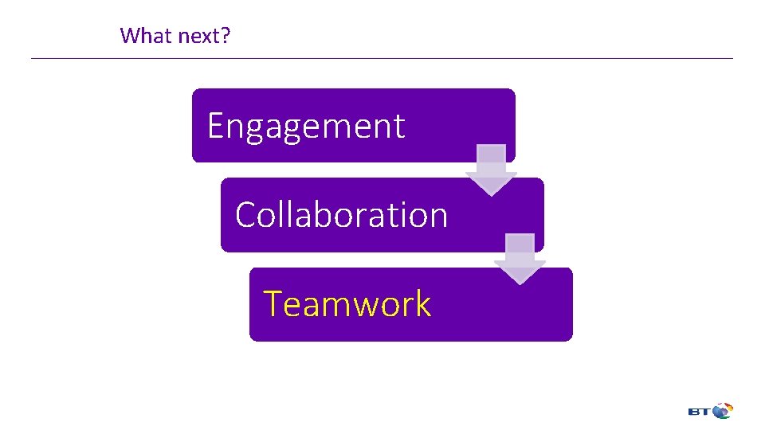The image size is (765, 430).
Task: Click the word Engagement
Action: pos(306,126)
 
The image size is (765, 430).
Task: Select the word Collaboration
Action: pos(341,215)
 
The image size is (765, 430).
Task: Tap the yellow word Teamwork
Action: pos(347,304)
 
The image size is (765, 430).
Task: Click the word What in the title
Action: pos(141,35)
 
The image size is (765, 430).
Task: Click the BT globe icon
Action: pos(723,411)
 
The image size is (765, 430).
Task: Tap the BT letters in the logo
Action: pos(699,412)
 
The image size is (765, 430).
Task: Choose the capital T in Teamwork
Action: pos(273,304)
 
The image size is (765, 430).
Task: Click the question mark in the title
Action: pos(226,35)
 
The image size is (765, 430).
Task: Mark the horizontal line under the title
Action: pos(382,58)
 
